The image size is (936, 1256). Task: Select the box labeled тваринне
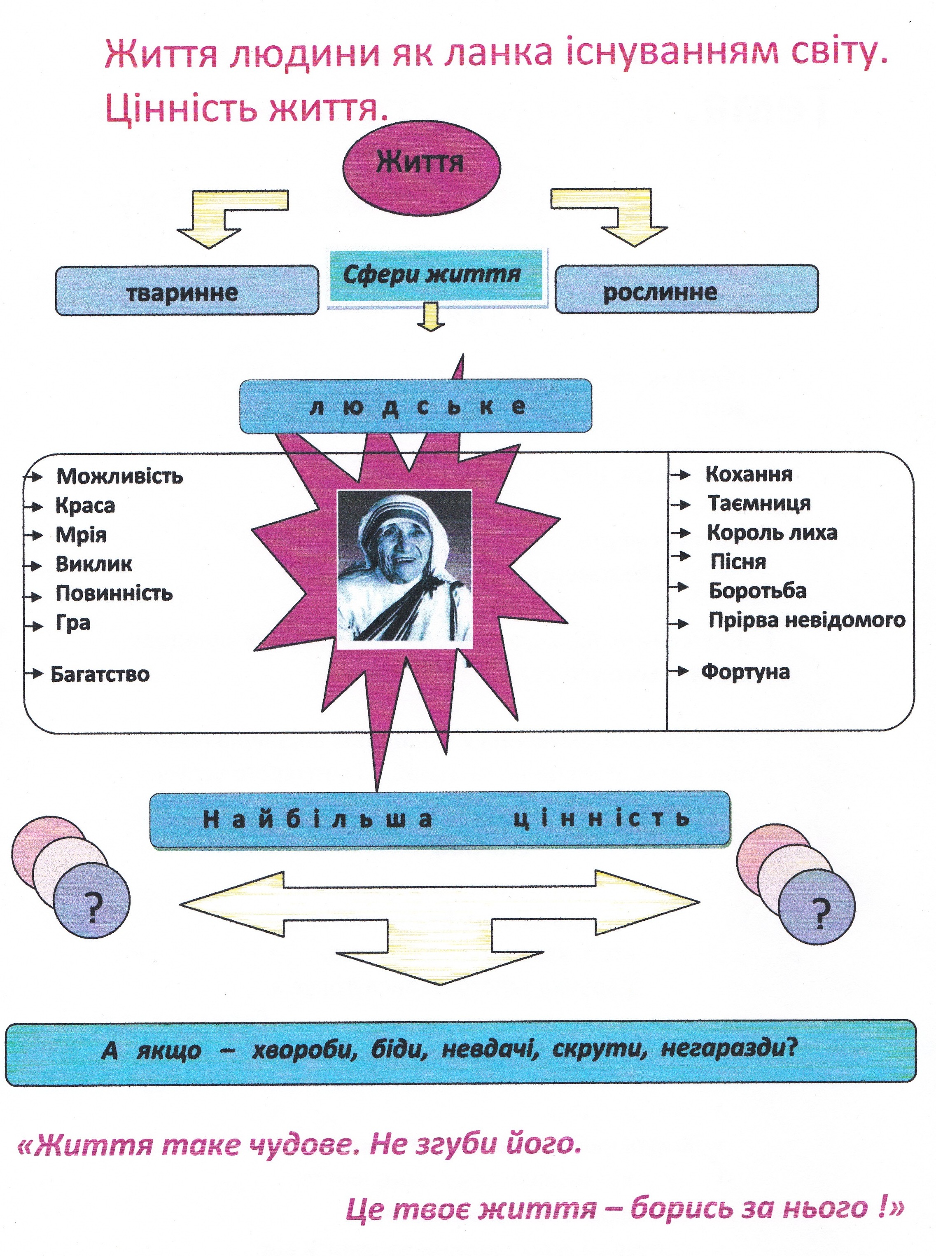pos(187,290)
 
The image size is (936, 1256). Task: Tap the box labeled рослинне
pos(687,289)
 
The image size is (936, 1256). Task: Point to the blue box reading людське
pos(415,406)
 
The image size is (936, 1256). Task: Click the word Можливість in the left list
pos(119,476)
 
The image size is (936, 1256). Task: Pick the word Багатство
pos(100,674)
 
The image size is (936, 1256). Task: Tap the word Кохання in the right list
pos(749,474)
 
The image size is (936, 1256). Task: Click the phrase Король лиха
pos(772,533)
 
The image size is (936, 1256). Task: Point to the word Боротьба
pos(758,591)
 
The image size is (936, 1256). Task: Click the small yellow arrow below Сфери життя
pos(431,316)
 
